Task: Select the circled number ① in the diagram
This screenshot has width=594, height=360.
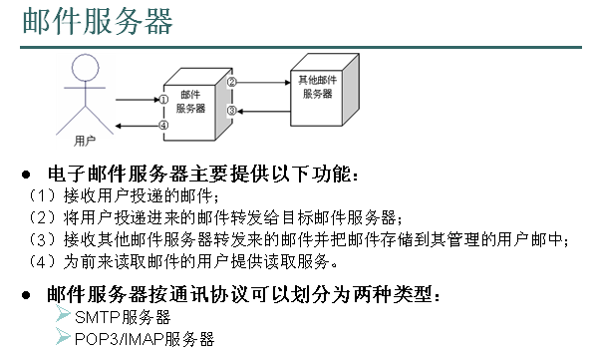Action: (x=163, y=99)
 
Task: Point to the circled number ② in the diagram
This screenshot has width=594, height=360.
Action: (x=231, y=82)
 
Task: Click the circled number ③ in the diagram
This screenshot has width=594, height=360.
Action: (x=231, y=110)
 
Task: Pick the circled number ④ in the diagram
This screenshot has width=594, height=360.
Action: (x=163, y=125)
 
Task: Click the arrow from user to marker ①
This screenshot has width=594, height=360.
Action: (x=135, y=99)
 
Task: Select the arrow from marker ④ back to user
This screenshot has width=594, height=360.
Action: (x=135, y=125)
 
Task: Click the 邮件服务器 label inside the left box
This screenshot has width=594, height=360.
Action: (x=191, y=100)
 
